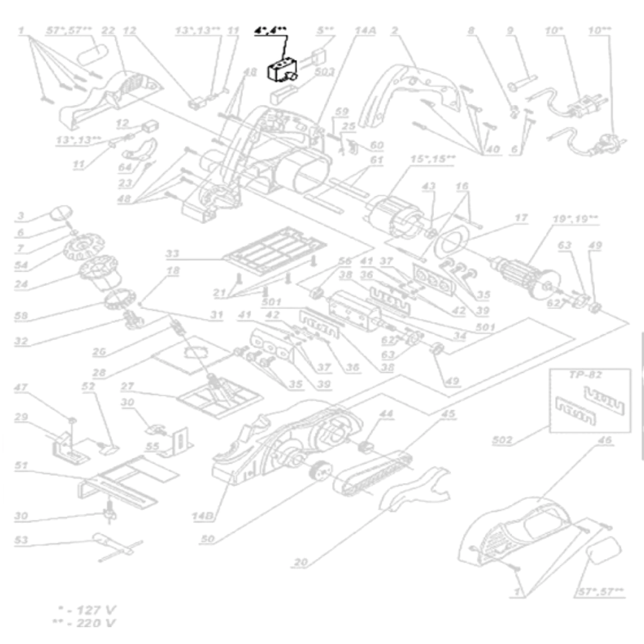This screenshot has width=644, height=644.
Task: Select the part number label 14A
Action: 365,30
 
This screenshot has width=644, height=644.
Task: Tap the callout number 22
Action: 108,30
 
